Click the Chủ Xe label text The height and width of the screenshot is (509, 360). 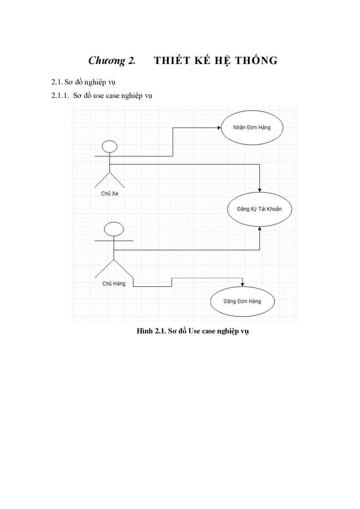(109, 193)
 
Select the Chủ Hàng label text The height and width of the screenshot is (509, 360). (114, 284)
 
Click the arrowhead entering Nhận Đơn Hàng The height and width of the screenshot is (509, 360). (219, 128)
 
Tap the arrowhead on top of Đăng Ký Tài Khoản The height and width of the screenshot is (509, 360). (260, 190)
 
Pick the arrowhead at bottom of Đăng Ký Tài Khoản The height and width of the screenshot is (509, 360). (260, 228)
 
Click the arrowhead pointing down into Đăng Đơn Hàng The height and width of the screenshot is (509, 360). (243, 285)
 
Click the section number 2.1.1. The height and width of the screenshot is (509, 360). (60, 96)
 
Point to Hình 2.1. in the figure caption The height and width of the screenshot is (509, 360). (151, 331)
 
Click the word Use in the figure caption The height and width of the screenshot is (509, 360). (194, 331)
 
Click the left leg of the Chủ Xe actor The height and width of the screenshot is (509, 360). (102, 180)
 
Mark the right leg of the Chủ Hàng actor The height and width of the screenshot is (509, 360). (123, 268)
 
